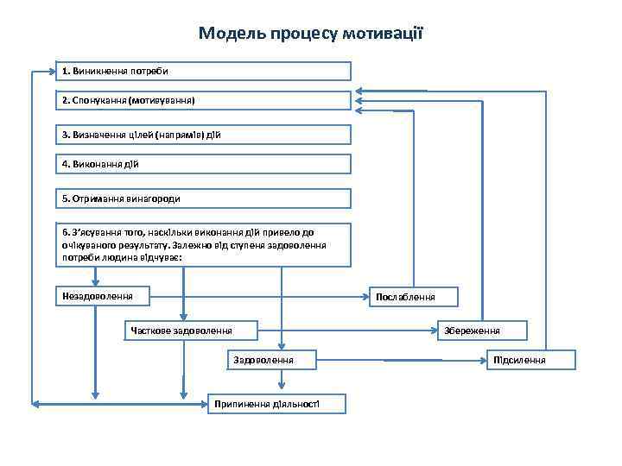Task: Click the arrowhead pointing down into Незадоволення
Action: point(96,281)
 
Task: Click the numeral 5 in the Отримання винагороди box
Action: point(65,198)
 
